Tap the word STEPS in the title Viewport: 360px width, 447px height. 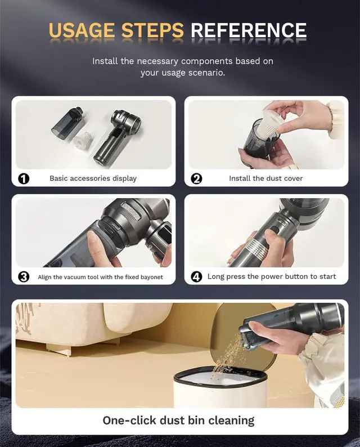tap(152, 30)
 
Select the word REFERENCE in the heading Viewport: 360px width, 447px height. tap(249, 30)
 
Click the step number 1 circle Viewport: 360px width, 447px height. tap(24, 178)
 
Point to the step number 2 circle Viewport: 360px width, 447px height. tap(196, 178)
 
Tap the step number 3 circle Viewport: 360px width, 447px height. tap(24, 277)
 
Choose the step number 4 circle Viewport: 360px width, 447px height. tap(196, 277)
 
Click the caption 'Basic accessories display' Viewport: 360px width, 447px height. tap(93, 178)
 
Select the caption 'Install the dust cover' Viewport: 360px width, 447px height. tap(265, 178)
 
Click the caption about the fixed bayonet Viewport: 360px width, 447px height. tap(101, 277)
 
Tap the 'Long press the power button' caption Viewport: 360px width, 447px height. tap(272, 276)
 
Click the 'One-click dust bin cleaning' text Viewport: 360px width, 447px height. tap(178, 421)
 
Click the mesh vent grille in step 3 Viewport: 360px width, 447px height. tap(131, 211)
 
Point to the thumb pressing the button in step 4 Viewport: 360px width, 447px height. tap(273, 236)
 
